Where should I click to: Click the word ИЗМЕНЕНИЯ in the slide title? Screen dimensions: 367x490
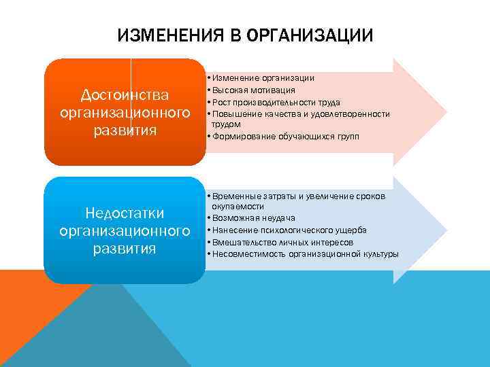point(166,35)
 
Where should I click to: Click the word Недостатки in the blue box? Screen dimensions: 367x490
point(125,214)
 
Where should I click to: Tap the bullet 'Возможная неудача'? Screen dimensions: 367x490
point(253,218)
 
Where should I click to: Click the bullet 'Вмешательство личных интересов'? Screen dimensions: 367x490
point(283,242)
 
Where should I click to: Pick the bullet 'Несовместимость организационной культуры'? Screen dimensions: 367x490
point(306,254)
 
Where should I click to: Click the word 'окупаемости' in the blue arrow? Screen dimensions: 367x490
point(238,206)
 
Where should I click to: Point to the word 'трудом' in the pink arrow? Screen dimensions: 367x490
point(227,124)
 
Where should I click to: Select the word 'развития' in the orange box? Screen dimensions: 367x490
point(125,130)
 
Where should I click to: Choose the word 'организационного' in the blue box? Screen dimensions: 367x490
point(125,232)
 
